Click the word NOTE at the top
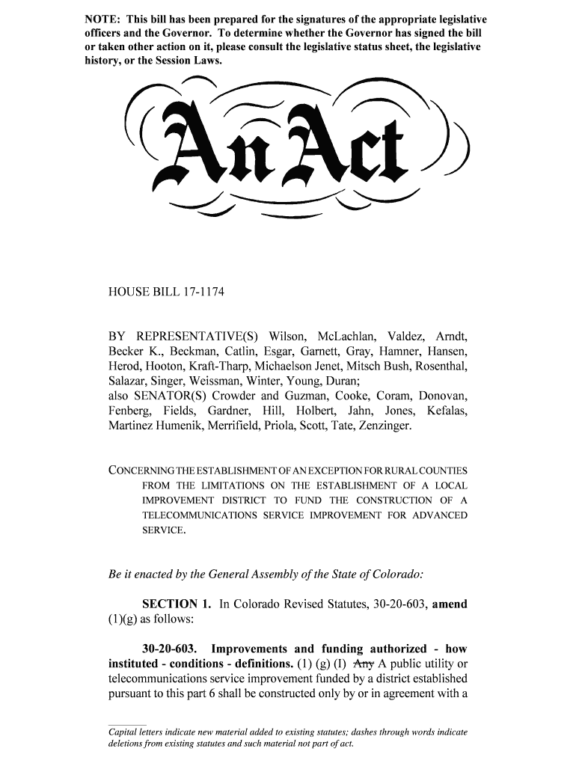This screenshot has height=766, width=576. [100, 19]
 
